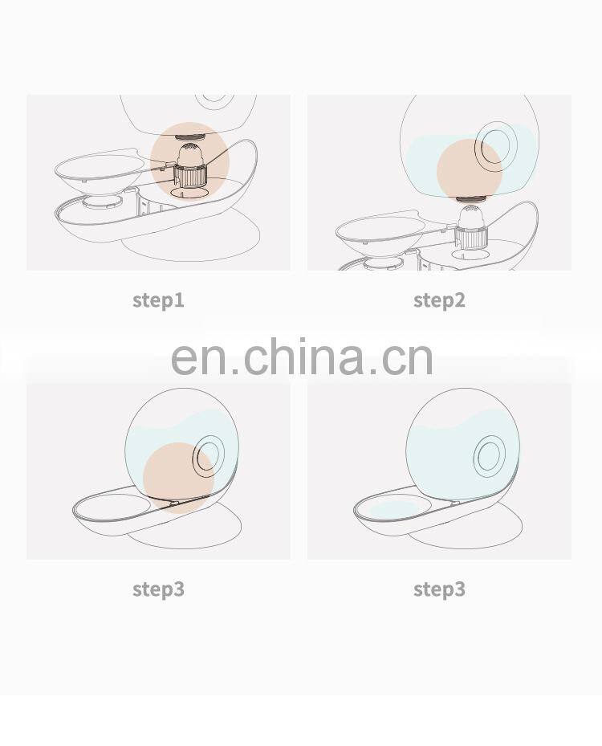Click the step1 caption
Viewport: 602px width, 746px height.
(x=158, y=300)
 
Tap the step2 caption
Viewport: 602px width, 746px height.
(x=439, y=300)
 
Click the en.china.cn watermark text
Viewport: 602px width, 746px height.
(x=302, y=357)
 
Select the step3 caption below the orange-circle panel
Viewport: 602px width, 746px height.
(x=158, y=589)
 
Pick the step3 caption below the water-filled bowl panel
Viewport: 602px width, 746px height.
(x=439, y=589)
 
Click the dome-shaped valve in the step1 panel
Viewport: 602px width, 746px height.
(x=189, y=155)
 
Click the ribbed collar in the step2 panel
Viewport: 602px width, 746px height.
(x=470, y=236)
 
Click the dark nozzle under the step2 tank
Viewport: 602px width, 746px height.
(x=470, y=199)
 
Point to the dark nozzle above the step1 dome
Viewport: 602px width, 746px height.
(x=190, y=137)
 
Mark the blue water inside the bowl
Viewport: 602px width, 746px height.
(x=393, y=508)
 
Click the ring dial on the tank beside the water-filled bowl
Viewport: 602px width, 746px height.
(x=490, y=455)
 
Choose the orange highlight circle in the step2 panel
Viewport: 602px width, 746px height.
(x=469, y=169)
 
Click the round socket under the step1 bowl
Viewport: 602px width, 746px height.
(x=100, y=202)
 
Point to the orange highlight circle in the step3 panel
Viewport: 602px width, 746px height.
(x=179, y=477)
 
